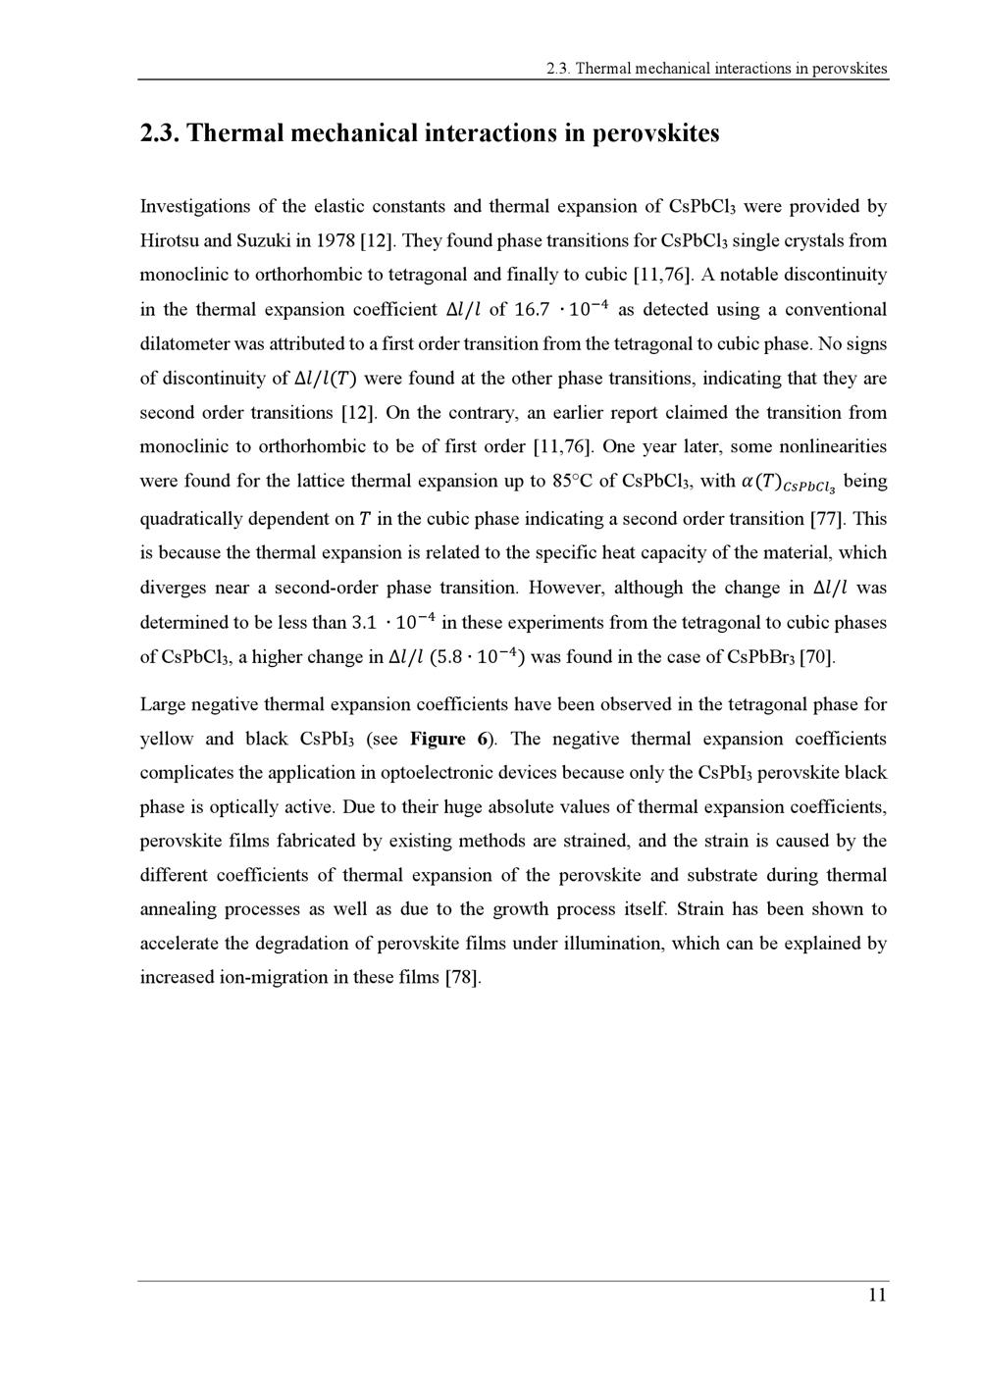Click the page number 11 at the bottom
click(x=877, y=1296)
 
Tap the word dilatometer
click(x=188, y=344)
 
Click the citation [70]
click(x=818, y=657)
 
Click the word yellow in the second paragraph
click(x=167, y=739)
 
